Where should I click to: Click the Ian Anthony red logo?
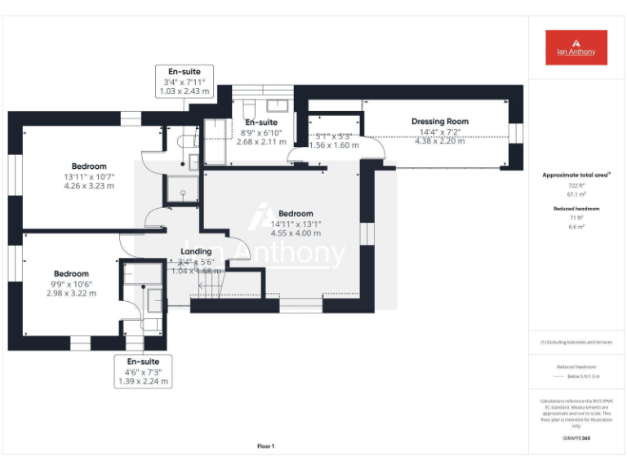576,47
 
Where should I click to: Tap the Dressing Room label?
439,122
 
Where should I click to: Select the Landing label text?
196,251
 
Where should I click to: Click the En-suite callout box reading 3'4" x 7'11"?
185,82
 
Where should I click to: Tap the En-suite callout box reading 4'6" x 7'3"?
143,371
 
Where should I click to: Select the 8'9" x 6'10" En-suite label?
261,131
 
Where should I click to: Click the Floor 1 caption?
266,446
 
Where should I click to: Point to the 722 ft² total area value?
576,186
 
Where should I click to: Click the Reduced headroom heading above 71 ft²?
576,209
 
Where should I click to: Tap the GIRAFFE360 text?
576,439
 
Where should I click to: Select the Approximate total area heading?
576,175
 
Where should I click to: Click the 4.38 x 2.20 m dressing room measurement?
439,140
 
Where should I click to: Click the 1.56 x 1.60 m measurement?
334,144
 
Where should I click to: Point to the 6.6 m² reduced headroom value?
576,228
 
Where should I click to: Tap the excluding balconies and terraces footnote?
576,342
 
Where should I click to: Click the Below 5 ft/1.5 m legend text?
582,377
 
